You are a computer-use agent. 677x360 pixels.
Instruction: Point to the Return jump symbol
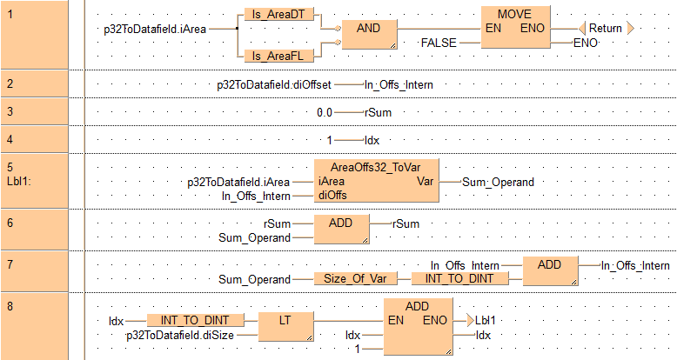605,28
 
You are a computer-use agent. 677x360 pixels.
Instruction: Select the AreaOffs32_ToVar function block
377,182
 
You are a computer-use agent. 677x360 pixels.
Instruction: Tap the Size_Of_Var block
355,279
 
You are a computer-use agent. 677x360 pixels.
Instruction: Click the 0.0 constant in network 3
325,112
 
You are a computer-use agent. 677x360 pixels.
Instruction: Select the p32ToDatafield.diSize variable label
179,335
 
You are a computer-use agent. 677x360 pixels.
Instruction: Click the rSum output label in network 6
406,223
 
